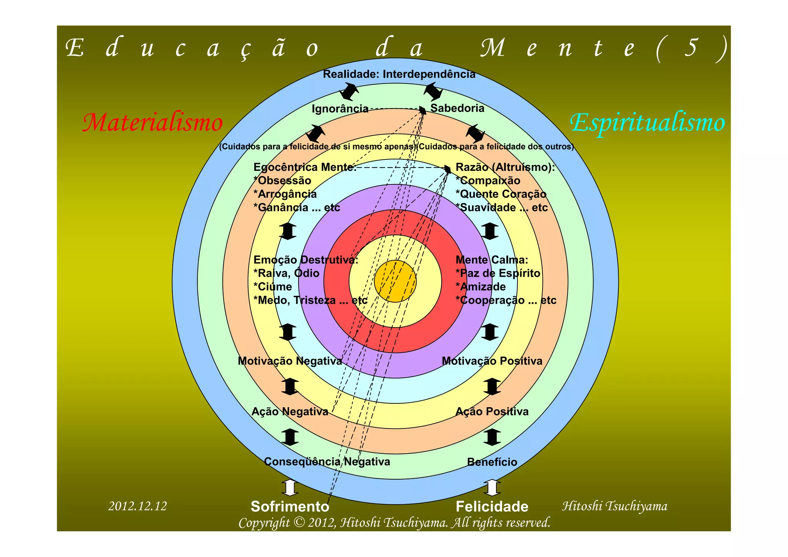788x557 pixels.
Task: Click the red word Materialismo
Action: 153,123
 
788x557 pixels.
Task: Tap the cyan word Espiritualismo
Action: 647,123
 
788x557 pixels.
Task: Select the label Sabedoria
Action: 457,108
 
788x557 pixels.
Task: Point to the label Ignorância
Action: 340,109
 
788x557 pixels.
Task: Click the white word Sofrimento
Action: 290,507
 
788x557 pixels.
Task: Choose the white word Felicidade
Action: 492,507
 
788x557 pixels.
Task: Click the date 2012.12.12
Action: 138,506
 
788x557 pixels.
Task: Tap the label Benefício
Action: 492,462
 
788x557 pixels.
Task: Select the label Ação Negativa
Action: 290,411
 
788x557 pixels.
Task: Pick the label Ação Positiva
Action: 492,411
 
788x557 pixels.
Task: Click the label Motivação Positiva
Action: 492,361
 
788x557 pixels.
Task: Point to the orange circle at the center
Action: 395,281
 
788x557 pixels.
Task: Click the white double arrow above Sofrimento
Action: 290,487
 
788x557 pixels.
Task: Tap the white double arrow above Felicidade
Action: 492,487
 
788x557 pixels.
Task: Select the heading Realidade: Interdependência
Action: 399,74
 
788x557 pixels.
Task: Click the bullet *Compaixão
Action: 487,181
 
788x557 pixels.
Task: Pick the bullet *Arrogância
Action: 285,194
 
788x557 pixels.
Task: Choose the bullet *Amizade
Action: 481,287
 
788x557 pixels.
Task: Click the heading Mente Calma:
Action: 492,260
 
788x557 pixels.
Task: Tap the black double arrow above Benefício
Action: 492,437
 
